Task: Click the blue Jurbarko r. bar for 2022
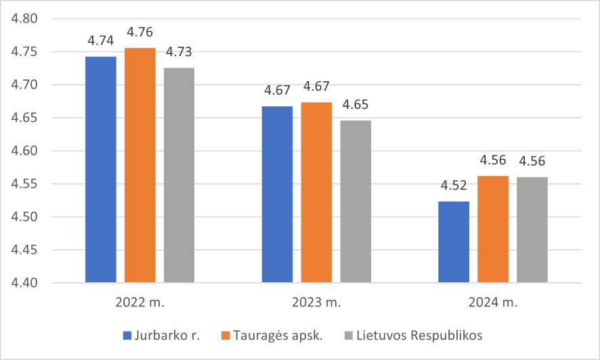point(101,170)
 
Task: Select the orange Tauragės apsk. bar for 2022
point(140,165)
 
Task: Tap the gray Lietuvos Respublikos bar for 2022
point(179,175)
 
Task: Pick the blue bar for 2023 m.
point(278,194)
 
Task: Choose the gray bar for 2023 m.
point(356,202)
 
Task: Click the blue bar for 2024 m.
point(454,242)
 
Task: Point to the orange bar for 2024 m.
point(493,229)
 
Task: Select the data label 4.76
point(140,32)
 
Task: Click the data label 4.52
point(454,185)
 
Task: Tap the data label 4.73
point(179,51)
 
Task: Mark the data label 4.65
point(356,104)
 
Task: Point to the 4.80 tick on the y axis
point(24,18)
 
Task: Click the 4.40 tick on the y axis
point(24,283)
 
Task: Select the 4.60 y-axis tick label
point(24,151)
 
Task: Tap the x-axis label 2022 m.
point(140,302)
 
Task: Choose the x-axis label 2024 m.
point(493,302)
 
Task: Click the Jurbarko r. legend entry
point(161,336)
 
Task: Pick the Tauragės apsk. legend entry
point(272,336)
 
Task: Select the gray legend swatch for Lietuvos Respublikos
point(348,336)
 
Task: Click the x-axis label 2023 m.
point(316,302)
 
